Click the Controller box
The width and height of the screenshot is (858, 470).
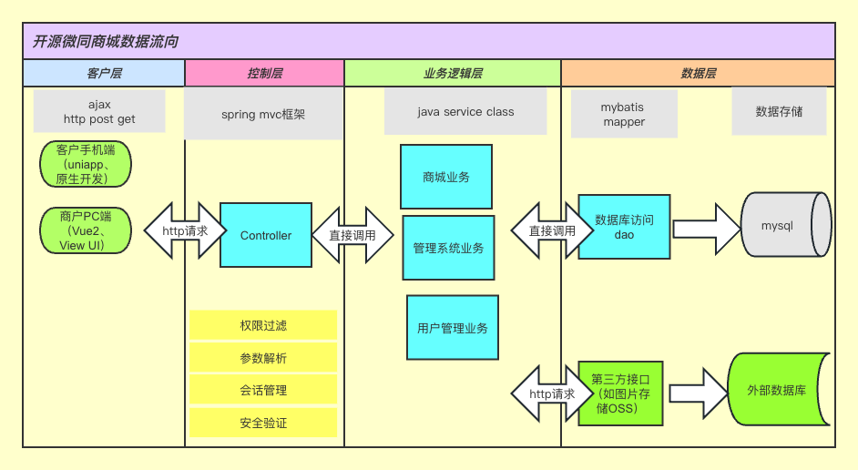click(266, 235)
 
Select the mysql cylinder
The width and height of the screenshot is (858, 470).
click(786, 224)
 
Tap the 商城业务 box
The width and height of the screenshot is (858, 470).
click(446, 177)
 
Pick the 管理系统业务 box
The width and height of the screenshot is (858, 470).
click(448, 248)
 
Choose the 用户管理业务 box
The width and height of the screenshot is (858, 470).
click(453, 328)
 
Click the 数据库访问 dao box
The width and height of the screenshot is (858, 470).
click(624, 227)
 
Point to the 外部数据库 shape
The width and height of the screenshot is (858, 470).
click(779, 390)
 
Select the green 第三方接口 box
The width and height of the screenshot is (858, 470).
click(620, 393)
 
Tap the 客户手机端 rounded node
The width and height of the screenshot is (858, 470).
click(86, 164)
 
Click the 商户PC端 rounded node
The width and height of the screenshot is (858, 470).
click(86, 230)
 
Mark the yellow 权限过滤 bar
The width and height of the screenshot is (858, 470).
click(263, 325)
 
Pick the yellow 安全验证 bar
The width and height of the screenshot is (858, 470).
click(263, 423)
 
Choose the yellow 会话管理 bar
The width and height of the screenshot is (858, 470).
click(263, 390)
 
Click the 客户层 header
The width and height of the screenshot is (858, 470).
click(104, 73)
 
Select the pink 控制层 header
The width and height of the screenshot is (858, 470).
click(265, 73)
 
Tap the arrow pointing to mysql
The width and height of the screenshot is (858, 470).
click(707, 229)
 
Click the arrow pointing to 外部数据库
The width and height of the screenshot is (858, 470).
click(699, 393)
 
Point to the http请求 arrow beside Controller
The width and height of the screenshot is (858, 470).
click(185, 230)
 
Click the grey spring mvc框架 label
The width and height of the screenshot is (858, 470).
click(263, 115)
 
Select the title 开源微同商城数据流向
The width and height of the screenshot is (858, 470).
click(106, 42)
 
